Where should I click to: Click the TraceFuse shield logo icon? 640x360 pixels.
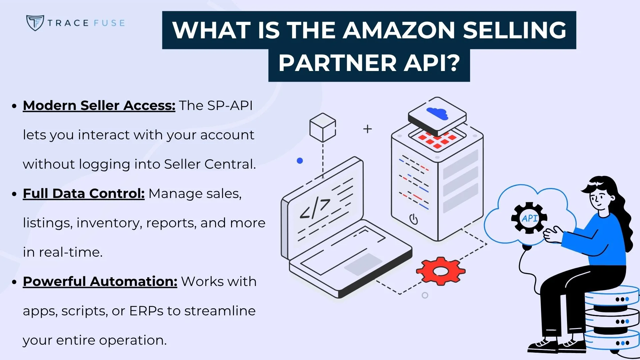pos(35,23)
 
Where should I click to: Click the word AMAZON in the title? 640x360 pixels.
pos(399,30)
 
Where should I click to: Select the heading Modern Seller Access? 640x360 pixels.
pos(99,106)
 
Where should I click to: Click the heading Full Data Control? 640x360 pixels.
pos(84,194)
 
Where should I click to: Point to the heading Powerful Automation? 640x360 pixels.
pos(100,282)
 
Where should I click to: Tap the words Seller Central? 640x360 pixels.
pos(210,164)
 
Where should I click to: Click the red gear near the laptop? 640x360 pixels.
pos(440,271)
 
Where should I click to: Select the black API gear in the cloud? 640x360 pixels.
pos(529,218)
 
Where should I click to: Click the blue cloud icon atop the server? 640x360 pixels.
pos(437,113)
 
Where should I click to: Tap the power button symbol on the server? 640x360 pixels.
pos(413,219)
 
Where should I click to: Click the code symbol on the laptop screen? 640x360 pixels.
pos(315,209)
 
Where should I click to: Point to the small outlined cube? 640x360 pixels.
pos(322,128)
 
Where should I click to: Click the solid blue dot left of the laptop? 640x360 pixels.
pos(300,161)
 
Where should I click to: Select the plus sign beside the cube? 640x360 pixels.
pos(367,129)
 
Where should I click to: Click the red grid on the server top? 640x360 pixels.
pos(437,140)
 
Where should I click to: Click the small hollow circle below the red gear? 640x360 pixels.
pos(425,295)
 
